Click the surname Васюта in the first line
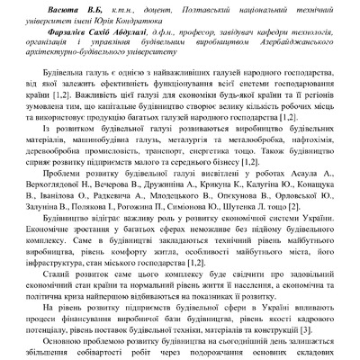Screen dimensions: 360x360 (x=80, y=8)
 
